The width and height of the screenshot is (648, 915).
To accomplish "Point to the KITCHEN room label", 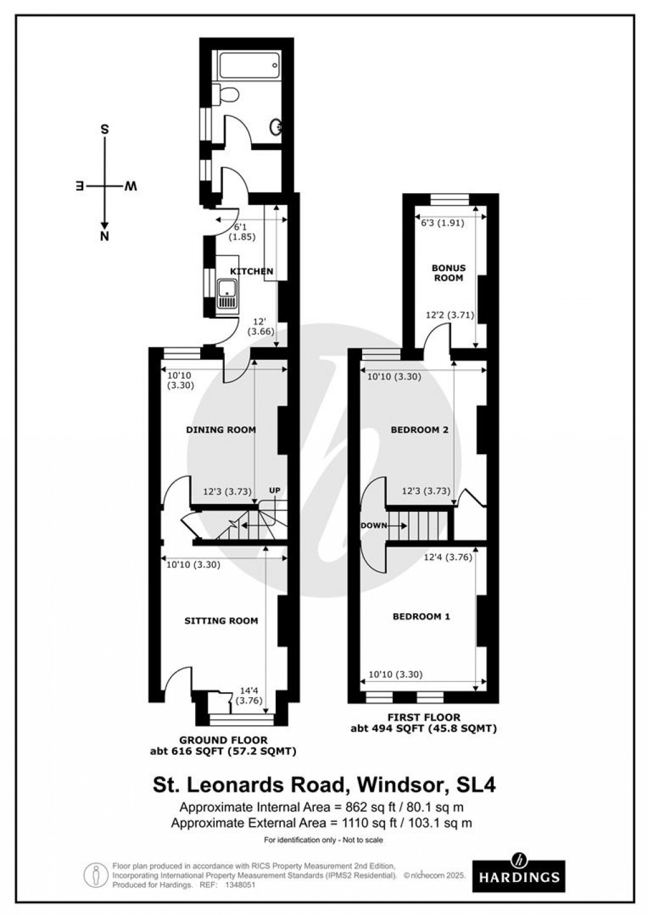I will pos(252,271).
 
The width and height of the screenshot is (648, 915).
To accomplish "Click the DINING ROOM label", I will pos(220,430).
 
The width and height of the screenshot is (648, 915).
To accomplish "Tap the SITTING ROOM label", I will pos(221,620).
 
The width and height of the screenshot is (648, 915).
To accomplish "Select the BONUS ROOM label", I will pos(449,273).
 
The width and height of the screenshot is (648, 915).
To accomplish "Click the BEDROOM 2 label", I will pos(419,430).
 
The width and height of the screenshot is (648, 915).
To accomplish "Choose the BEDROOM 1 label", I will pos(421,617).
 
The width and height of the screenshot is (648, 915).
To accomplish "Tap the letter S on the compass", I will pos(105,130).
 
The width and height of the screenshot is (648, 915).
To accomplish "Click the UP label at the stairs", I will pos(274,490).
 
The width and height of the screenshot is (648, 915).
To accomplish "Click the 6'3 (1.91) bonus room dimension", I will pos(443,223).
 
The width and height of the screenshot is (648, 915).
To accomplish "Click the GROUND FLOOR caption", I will pos(222,740).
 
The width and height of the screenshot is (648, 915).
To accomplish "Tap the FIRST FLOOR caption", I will pos(423,718).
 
